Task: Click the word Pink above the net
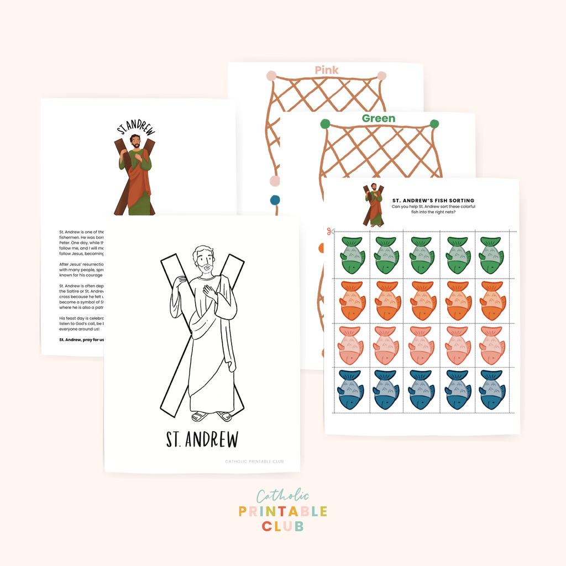click(x=327, y=70)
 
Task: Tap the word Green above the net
click(x=379, y=118)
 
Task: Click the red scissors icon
click(x=331, y=231)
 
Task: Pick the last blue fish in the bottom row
click(x=492, y=390)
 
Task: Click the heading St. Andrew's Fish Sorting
click(x=433, y=201)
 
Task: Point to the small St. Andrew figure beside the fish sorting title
click(x=374, y=205)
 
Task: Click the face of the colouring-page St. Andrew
click(x=205, y=261)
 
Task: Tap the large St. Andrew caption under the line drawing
click(x=202, y=440)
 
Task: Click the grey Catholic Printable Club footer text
click(x=254, y=462)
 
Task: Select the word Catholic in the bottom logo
click(x=282, y=496)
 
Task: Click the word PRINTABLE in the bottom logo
click(x=282, y=512)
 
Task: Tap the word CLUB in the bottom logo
click(x=282, y=526)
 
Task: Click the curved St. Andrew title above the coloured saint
click(x=136, y=128)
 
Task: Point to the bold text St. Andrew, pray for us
click(x=81, y=339)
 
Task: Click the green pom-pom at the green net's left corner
click(x=325, y=124)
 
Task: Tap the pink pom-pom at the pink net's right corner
click(x=381, y=76)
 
